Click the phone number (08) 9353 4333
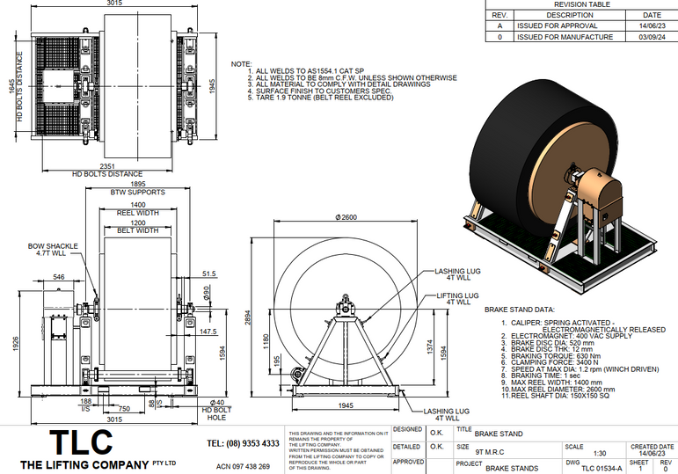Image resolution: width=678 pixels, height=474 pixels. click(243, 443)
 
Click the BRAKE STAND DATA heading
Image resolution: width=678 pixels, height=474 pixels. click(520, 310)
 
